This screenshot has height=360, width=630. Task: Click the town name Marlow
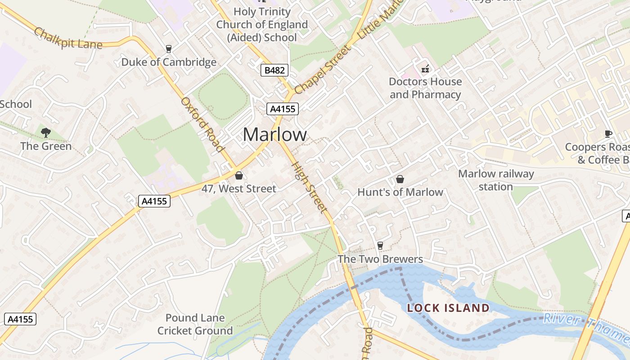point(275,135)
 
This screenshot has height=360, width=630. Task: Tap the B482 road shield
point(274,70)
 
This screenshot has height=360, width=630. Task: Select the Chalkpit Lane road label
point(68,39)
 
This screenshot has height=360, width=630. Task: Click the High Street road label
point(309,187)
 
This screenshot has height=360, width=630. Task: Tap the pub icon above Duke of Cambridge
point(169,49)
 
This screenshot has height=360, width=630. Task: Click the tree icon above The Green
point(45,132)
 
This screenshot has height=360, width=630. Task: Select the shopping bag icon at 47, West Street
point(239,175)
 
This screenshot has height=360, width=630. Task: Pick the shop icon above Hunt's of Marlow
point(400,179)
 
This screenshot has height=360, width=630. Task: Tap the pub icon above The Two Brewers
point(380,245)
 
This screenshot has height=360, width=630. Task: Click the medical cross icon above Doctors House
point(425,69)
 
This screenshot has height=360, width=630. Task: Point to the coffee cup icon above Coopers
point(608,133)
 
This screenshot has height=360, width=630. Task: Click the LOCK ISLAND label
point(448,308)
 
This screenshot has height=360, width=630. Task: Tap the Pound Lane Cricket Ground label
point(195,324)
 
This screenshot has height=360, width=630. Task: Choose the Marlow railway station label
point(496,180)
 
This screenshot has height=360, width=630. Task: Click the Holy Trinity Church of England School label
point(262,24)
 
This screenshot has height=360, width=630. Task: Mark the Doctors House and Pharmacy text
point(425,88)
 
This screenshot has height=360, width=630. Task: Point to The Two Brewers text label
point(380,259)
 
